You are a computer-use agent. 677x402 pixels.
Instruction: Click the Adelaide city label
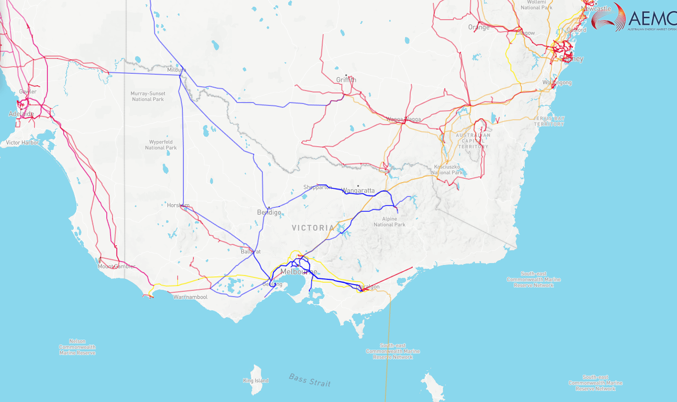click(21, 114)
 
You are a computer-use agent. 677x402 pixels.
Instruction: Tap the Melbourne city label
click(298, 272)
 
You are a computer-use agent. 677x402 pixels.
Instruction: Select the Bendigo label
click(269, 212)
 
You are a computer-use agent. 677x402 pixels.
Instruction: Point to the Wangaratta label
click(358, 191)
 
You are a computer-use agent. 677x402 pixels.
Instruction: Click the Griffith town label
click(346, 80)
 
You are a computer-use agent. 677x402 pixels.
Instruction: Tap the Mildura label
click(176, 70)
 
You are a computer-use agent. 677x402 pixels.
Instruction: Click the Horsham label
click(178, 205)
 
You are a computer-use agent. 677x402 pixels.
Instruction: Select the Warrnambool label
click(191, 297)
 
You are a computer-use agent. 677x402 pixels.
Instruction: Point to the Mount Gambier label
click(116, 266)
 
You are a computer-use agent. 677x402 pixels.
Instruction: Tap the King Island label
click(256, 381)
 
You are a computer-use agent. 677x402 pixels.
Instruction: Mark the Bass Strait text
click(310, 380)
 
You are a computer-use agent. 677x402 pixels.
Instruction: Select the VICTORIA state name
click(313, 228)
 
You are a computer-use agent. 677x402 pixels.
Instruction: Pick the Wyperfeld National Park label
click(161, 145)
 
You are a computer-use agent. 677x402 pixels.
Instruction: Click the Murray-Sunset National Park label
click(147, 96)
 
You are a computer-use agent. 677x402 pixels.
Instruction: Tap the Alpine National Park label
click(389, 221)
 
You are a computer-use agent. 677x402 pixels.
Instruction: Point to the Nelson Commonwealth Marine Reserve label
click(77, 347)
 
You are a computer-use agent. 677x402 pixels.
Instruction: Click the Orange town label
click(479, 27)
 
